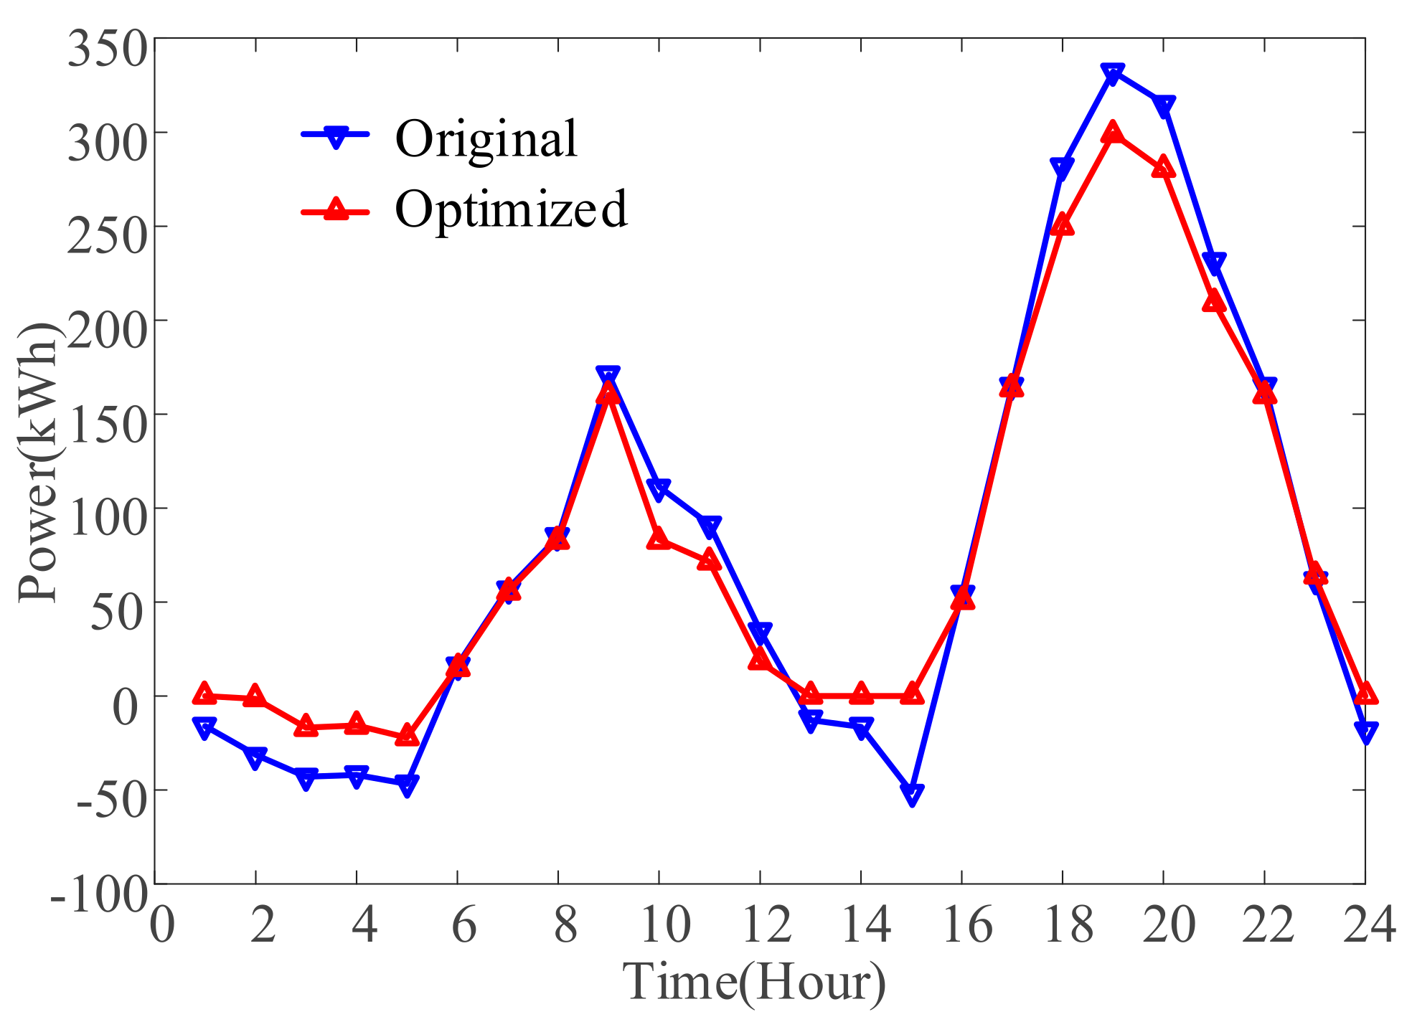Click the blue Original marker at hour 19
(1113, 73)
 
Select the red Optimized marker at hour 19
(1113, 133)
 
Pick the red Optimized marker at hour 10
(659, 539)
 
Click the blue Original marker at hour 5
(407, 785)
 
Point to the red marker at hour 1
(204, 694)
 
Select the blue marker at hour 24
(1365, 732)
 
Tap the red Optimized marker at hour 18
(1063, 225)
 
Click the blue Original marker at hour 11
(709, 526)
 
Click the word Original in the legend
(486, 138)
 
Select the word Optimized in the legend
(511, 209)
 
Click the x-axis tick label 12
(766, 925)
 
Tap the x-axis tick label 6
(463, 925)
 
